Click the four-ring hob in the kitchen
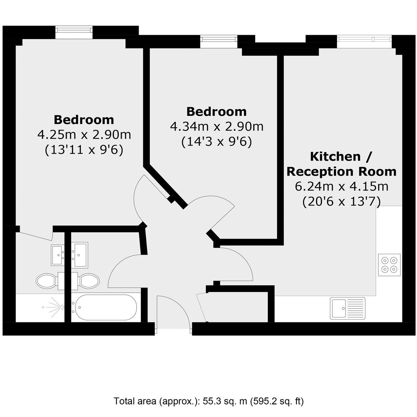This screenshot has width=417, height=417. coord(389,264)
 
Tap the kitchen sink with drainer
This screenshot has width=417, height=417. coord(348,308)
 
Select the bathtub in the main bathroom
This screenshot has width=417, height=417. coord(105,307)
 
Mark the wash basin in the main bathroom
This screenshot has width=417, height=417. coord(80,254)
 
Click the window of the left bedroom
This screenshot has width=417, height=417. coord(74,32)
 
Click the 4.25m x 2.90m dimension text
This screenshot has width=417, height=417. coord(84,135)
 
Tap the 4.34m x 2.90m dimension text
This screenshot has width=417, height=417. coord(217,127)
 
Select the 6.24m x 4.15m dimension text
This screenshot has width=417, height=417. coord(342,186)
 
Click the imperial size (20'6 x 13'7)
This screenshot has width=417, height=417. coord(342,201)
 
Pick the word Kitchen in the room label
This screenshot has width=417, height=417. coord(336,157)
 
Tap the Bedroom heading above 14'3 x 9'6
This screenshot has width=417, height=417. coord(217,112)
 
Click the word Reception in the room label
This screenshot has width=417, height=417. coord(320,172)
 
